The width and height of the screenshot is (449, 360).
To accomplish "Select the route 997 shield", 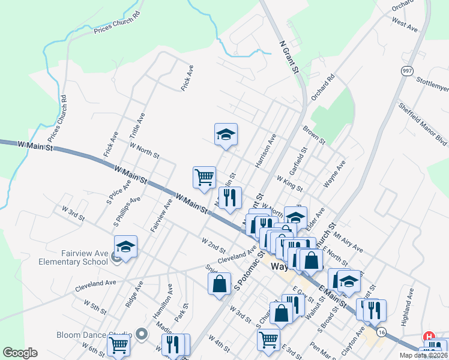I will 408,71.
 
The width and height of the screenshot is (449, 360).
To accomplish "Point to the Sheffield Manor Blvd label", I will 423,123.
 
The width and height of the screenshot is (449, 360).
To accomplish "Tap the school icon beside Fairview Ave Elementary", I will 125,247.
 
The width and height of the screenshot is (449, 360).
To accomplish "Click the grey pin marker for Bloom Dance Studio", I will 141,333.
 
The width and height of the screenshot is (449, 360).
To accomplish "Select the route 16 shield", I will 381,331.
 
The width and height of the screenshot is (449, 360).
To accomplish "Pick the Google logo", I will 20,353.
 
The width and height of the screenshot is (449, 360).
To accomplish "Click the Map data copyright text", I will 423,355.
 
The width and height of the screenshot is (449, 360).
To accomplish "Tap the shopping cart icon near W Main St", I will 204,177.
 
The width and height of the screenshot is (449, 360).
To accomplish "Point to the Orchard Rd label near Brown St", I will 322,88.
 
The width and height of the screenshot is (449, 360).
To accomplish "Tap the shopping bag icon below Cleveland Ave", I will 220,283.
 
